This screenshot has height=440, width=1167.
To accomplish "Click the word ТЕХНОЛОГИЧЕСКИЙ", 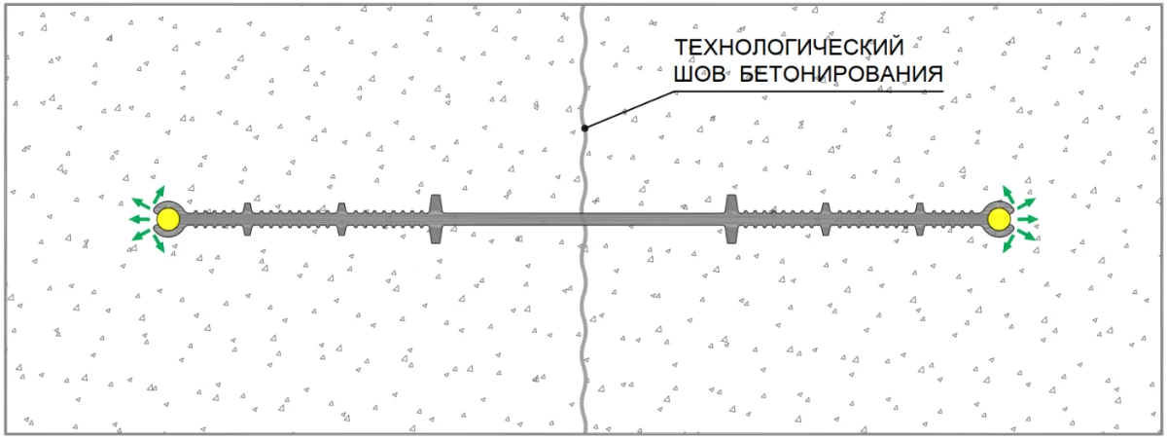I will coord(789,48).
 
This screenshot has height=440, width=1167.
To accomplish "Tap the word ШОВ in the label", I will coord(698,73).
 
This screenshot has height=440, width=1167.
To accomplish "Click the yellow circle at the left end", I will coord(169,221).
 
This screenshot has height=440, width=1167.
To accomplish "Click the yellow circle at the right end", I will coord(998,221).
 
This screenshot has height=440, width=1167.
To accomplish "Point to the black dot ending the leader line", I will coord(584,127).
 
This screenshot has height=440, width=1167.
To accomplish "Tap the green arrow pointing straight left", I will coord(139,220).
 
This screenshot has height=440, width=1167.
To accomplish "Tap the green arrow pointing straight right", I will coord(1029,219).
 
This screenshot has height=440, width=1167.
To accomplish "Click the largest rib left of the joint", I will coord(436,219).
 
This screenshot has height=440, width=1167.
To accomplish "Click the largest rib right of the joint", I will coord(731,219).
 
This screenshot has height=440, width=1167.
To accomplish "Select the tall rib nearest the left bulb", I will coord(246,219).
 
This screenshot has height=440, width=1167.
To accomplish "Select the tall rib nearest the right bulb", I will coord(919,219).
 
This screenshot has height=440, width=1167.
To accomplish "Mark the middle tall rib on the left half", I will coord(340,219).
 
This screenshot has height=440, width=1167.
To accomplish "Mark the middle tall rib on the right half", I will coord(825,219).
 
